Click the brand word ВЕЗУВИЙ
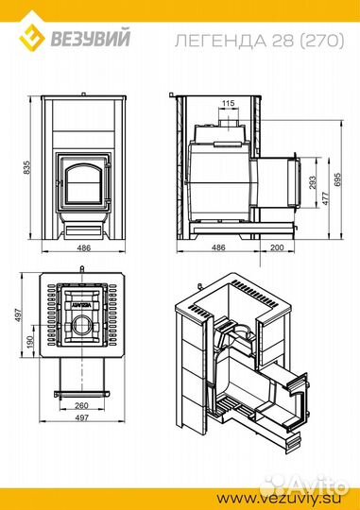click(x=90, y=38)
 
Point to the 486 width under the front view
click(x=84, y=247)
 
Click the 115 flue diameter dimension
click(x=228, y=103)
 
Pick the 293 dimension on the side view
click(x=312, y=183)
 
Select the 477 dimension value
click(x=325, y=198)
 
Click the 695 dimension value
click(x=337, y=179)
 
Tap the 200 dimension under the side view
click(x=277, y=247)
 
